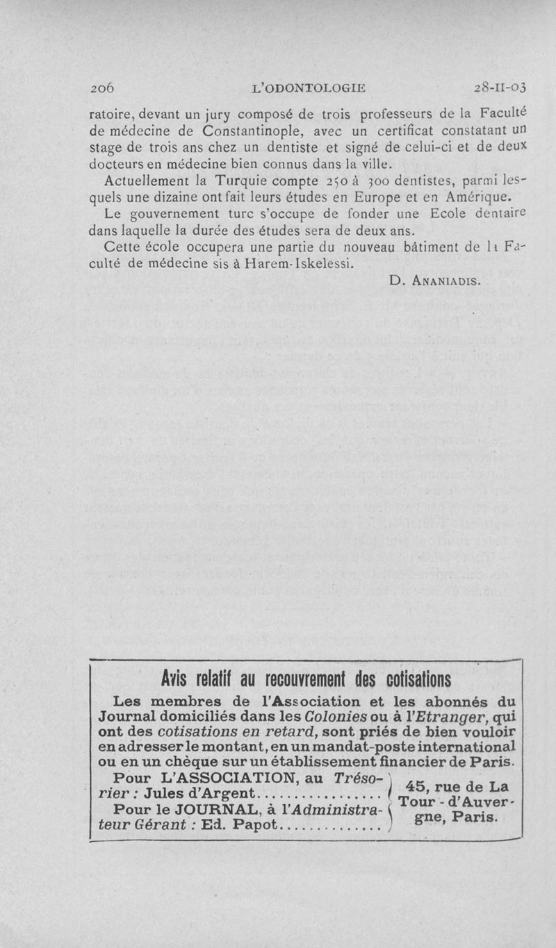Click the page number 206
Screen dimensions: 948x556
[102, 88]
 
